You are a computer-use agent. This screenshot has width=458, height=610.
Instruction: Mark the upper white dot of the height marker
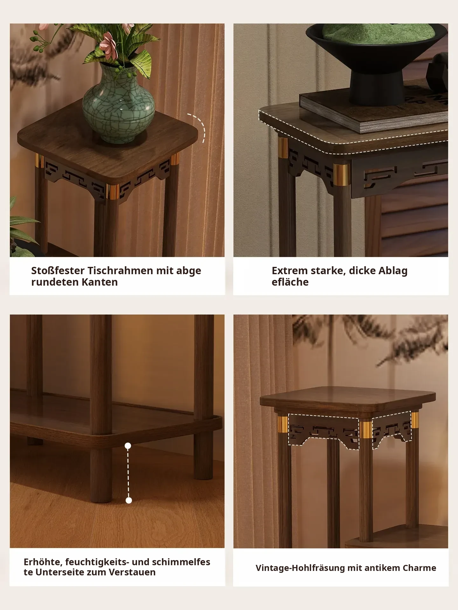coord(128,446)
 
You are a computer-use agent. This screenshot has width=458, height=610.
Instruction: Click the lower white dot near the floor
coord(128,501)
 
